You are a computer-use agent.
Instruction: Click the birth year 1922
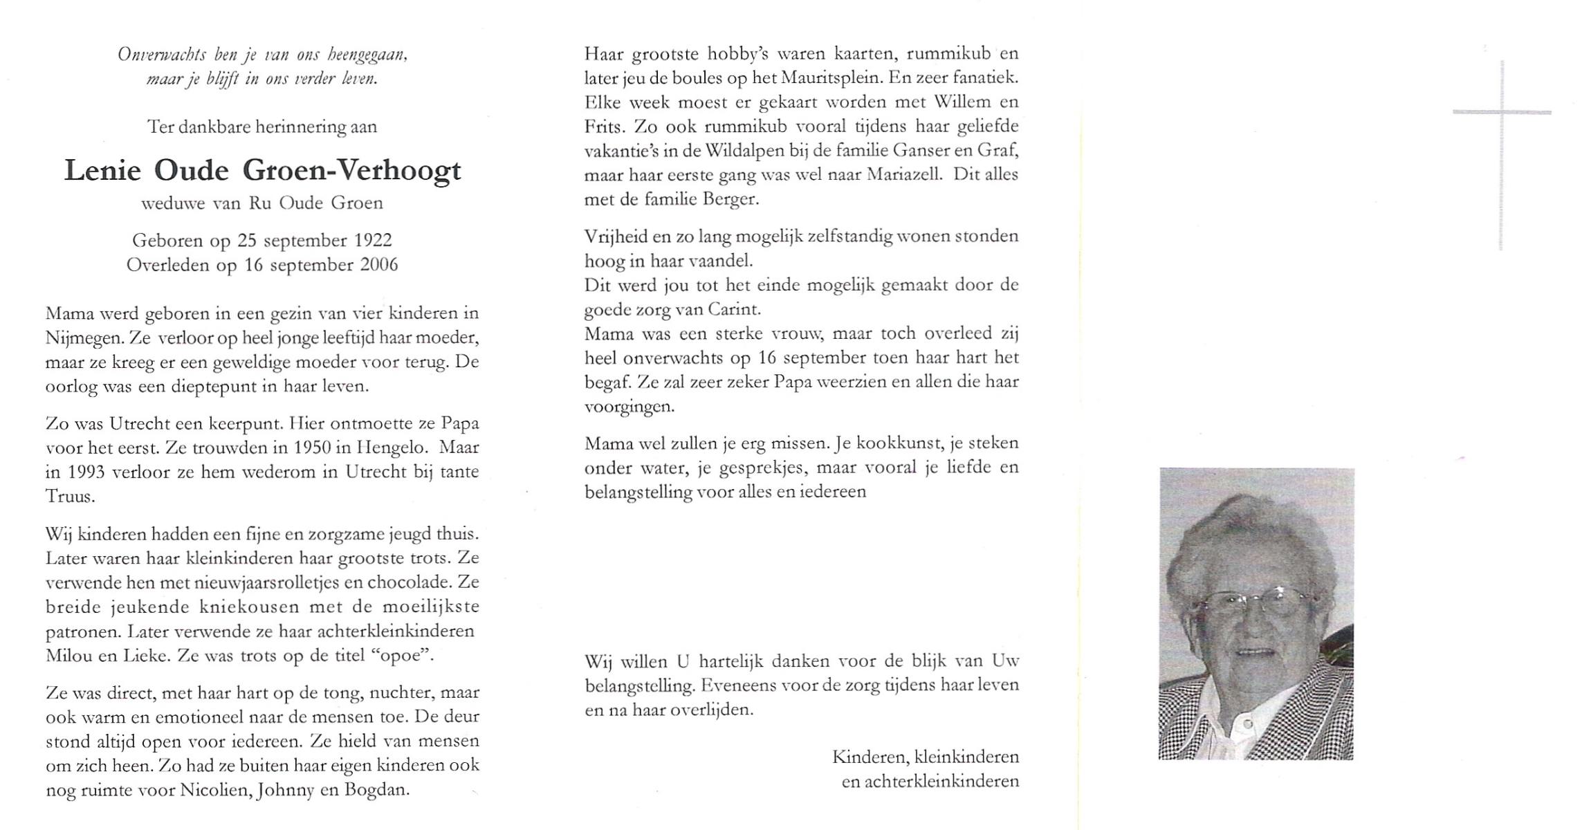(373, 241)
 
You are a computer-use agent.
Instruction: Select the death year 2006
(379, 265)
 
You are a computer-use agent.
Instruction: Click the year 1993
(86, 472)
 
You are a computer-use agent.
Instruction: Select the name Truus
(70, 497)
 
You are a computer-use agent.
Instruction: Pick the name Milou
(69, 656)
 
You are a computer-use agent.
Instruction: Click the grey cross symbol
(1501, 113)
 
